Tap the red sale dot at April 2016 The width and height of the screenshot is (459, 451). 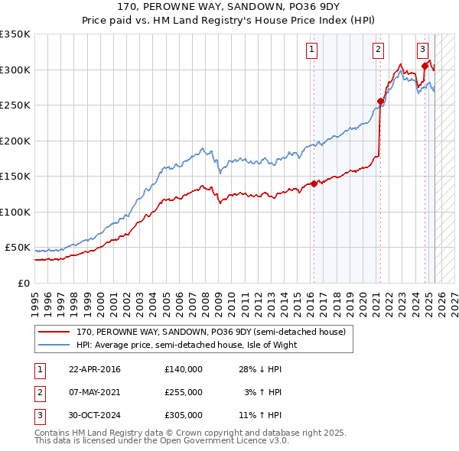[x=314, y=183]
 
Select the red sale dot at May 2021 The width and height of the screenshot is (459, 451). [x=380, y=101]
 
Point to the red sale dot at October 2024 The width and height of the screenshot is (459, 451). [x=425, y=66]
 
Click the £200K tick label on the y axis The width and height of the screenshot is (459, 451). [x=15, y=141]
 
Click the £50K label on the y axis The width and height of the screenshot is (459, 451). [x=17, y=248]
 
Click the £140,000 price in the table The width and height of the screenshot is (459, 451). [x=183, y=369]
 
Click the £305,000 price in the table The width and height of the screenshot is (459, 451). [x=183, y=415]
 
